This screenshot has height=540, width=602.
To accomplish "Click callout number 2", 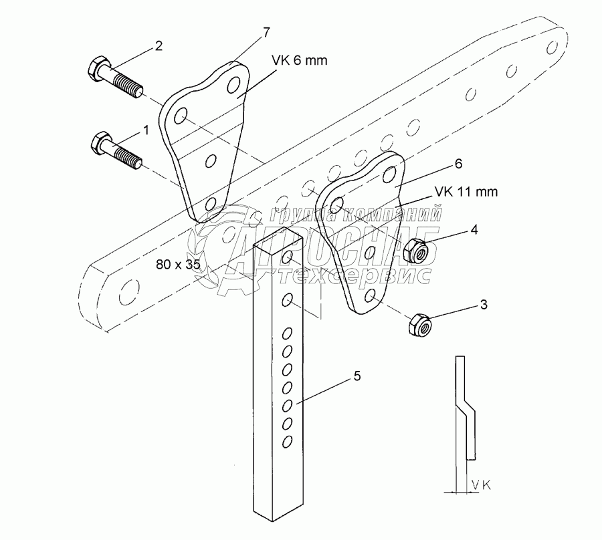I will coord(158,46).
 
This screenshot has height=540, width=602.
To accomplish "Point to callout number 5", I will coord(357,377).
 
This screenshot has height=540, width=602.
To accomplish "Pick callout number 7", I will coord(266,31).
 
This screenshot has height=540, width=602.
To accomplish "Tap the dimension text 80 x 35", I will coord(178,265).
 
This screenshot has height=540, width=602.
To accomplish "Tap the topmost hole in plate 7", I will coord(233,85).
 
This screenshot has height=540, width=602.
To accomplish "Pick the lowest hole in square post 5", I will coord(288,441).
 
